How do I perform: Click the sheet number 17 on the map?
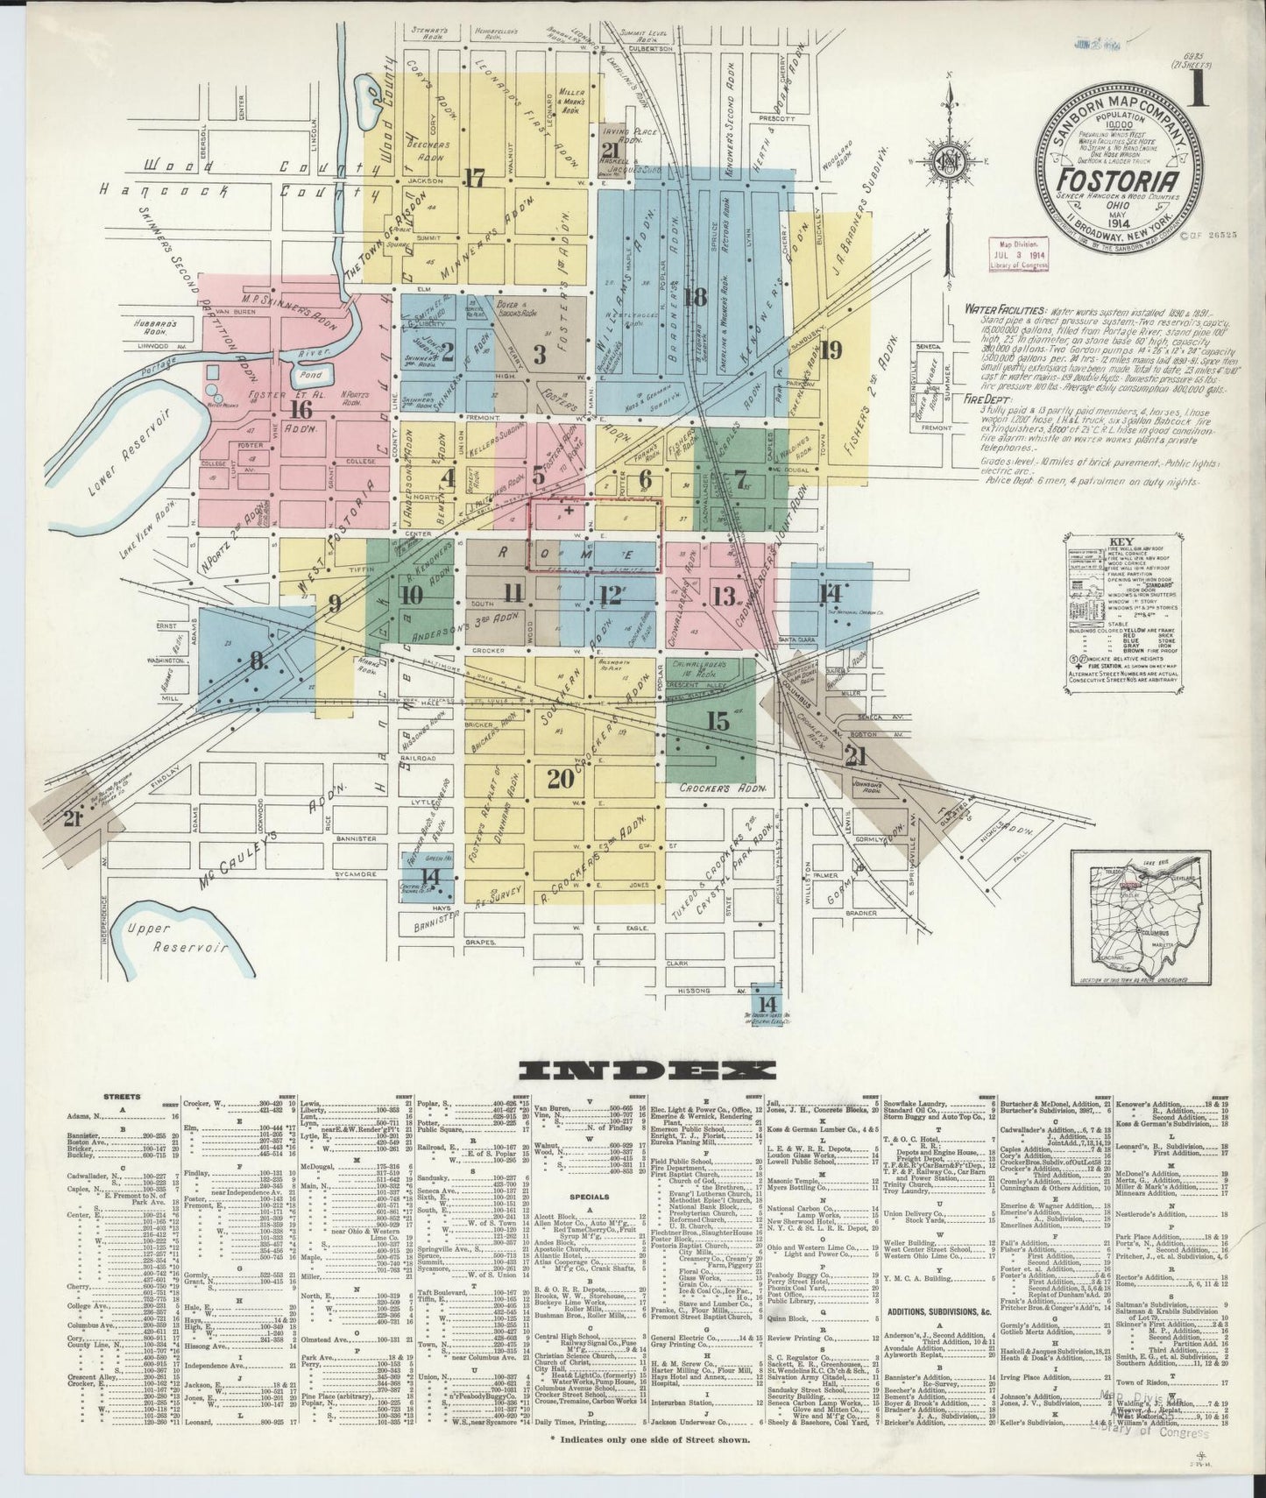475,178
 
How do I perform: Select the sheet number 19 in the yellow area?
830,351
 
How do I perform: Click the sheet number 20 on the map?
561,777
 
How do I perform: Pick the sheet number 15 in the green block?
718,722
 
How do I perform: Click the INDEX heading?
646,1070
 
